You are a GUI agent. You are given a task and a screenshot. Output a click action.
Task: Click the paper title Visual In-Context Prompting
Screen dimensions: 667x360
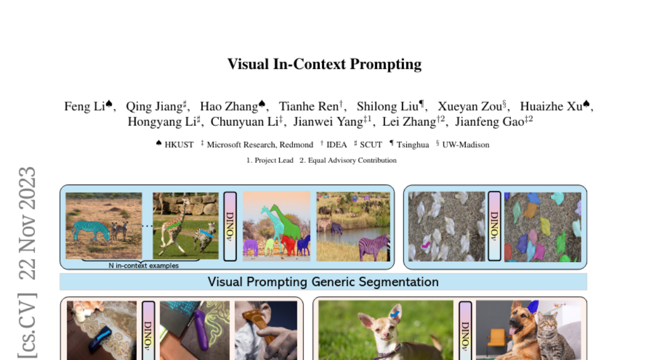point(325,64)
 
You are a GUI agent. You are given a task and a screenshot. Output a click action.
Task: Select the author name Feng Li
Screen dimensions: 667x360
point(84,107)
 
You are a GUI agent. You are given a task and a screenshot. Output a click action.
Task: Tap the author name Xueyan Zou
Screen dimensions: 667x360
point(470,107)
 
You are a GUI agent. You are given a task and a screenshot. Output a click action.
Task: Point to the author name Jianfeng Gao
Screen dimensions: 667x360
point(490,122)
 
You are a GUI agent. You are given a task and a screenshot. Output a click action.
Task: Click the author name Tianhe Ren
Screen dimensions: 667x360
point(309,107)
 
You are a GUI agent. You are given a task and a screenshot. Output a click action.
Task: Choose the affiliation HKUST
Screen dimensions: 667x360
point(179,145)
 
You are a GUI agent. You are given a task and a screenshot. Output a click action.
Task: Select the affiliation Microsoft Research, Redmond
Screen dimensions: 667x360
point(260,145)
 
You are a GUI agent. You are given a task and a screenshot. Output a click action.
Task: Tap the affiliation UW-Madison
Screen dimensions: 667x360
point(466,145)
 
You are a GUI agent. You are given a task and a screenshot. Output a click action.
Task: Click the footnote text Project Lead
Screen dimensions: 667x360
point(273,161)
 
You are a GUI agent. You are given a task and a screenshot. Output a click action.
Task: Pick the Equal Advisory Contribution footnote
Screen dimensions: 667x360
point(352,161)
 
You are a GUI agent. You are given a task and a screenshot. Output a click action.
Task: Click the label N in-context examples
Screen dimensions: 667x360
point(143,266)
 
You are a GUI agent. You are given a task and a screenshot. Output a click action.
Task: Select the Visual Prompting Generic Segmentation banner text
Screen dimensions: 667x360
point(323,282)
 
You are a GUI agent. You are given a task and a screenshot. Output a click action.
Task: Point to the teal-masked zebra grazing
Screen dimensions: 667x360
point(91,229)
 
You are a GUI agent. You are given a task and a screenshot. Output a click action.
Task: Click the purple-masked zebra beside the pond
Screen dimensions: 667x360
point(374,247)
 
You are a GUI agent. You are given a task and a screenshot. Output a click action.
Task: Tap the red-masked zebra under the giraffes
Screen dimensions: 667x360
point(288,245)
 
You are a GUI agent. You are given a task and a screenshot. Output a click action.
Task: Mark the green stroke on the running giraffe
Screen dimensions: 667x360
point(173,226)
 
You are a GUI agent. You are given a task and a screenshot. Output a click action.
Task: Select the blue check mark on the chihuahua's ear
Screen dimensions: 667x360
point(395,313)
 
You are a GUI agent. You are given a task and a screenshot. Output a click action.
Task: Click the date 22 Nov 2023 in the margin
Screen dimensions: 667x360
point(27,223)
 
